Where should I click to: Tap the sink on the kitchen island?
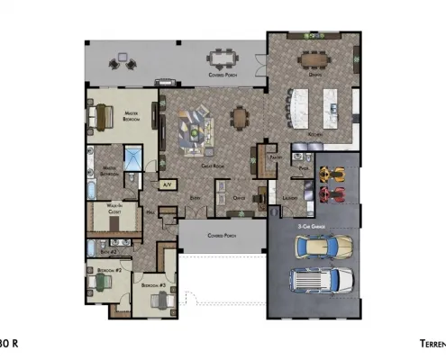click(332, 107)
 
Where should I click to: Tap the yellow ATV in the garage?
click(332, 172)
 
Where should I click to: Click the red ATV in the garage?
click(332, 193)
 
